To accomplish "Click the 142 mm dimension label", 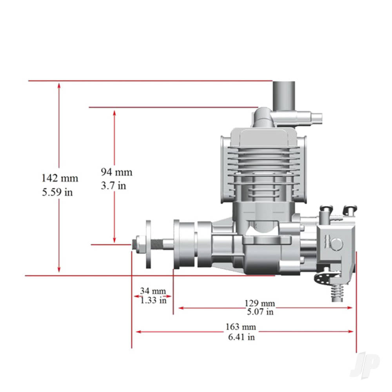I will coord(60,178).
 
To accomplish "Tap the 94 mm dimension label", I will coord(116,172).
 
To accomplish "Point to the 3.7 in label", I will coord(113,185).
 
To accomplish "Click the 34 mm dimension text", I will coord(153,291).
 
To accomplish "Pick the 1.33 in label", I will coord(153,300).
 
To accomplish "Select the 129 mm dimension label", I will coord(260,303).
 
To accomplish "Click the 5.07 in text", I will coord(260,312).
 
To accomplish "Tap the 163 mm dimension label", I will coord(240,327).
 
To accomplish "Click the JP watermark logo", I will coord(365,365).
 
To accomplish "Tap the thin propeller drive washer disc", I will coord(149,244).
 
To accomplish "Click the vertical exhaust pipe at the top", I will coord(284,96).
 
